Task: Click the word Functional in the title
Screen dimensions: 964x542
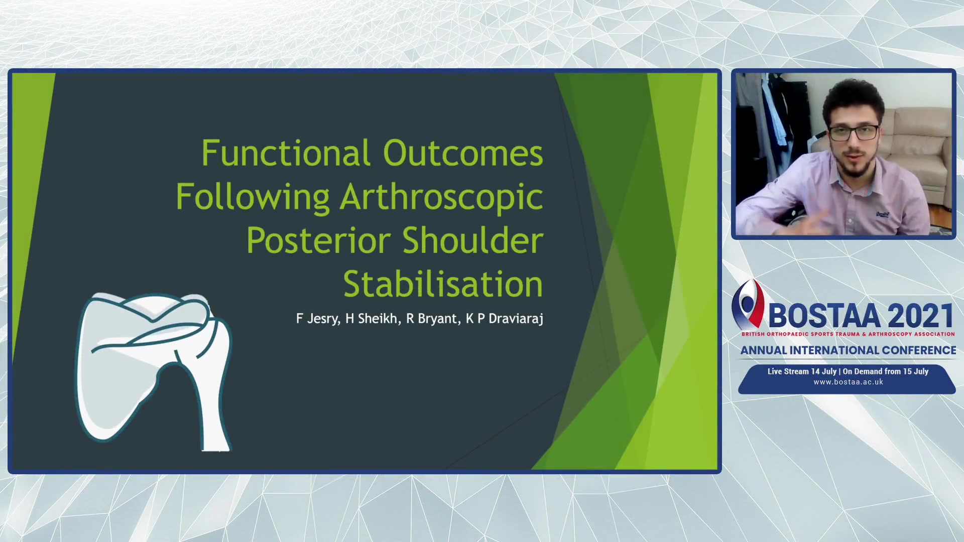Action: coord(286,153)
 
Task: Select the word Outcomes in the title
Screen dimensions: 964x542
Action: coord(463,153)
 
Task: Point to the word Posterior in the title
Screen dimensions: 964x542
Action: coord(318,240)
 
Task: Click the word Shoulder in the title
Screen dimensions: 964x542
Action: coord(472,240)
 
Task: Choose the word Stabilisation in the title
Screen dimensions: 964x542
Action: coord(443,284)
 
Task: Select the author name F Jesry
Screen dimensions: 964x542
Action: coord(316,319)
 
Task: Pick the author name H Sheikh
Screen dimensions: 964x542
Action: coord(371,319)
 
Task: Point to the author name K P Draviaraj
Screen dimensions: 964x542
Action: coord(505,319)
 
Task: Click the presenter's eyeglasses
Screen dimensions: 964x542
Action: coord(854,133)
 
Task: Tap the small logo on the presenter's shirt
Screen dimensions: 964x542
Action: coord(882,215)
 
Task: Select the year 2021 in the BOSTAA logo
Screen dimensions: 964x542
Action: coord(921,316)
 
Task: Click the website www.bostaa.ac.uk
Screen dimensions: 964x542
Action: coord(848,382)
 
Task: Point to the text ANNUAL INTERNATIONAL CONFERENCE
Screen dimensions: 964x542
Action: coord(848,350)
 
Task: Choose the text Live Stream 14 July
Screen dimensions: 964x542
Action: coord(802,371)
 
